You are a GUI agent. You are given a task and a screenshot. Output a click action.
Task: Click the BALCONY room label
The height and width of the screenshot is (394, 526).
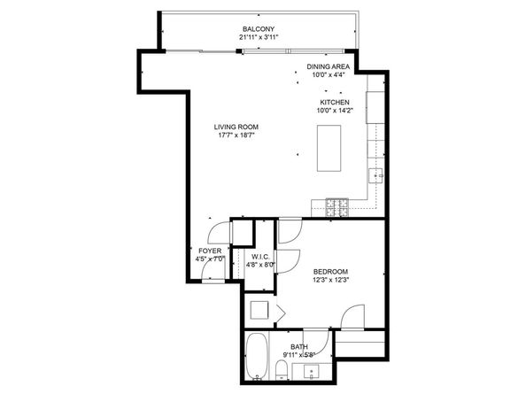(259, 29)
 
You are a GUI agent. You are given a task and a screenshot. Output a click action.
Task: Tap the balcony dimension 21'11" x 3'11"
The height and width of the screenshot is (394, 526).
(259, 37)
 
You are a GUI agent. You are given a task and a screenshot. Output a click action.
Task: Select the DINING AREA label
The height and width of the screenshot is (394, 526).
(328, 66)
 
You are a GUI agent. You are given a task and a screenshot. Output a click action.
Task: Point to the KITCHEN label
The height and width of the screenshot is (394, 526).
(335, 103)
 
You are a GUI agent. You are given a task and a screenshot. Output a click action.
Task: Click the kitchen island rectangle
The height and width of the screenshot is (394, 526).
(329, 148)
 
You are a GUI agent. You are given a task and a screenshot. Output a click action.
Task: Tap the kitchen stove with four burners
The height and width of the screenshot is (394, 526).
(336, 207)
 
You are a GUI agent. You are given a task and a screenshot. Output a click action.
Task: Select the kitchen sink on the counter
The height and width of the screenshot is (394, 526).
(375, 175)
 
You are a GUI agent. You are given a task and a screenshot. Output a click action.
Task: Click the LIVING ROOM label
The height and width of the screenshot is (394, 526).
(236, 127)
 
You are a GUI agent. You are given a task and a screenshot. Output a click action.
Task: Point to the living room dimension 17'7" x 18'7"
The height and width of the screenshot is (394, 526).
(236, 135)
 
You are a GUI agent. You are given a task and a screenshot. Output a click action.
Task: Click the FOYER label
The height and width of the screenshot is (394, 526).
(210, 251)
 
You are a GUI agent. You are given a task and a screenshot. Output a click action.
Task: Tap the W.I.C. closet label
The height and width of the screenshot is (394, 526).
(260, 257)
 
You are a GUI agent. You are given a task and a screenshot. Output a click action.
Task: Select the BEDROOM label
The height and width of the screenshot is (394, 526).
(330, 272)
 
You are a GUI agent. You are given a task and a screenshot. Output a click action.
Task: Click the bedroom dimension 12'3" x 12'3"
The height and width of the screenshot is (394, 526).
(331, 280)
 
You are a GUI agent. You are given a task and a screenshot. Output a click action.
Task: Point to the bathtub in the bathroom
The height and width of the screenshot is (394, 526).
(257, 356)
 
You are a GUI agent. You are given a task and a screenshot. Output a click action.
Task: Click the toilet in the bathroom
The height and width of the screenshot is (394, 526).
(282, 370)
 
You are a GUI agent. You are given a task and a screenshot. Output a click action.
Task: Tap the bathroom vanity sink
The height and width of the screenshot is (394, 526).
(312, 372)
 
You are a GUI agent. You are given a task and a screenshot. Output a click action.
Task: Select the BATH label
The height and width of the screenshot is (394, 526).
(299, 347)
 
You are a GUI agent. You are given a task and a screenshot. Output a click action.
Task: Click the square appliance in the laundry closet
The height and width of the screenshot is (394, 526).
(259, 310)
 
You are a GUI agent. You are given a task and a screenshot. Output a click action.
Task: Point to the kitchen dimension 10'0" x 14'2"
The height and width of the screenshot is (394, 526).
(335, 111)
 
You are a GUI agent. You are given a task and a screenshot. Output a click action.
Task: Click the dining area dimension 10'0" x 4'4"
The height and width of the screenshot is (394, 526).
(329, 74)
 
